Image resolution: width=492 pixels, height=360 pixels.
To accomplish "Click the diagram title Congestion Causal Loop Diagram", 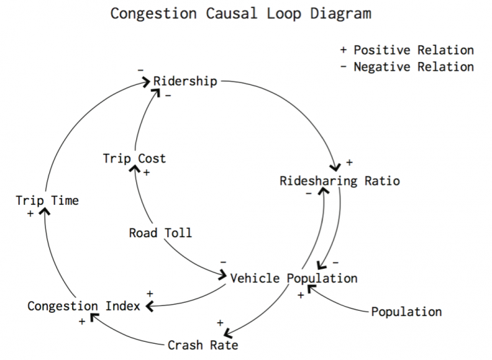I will (240, 13).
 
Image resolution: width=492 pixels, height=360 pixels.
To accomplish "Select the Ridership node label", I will (185, 82).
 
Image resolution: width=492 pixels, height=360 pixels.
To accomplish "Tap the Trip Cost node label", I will (134, 158).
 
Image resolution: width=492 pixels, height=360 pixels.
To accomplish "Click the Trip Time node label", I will (47, 200).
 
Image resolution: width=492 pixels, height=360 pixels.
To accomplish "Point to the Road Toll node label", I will (160, 233).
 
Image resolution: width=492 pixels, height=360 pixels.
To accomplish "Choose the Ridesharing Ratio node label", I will (340, 181).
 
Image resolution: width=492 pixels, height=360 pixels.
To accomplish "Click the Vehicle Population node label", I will (294, 278).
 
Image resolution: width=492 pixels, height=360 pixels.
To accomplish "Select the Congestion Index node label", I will (84, 306).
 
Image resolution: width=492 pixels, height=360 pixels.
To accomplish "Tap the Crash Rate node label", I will (203, 346).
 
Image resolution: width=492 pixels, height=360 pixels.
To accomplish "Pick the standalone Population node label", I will (406, 311).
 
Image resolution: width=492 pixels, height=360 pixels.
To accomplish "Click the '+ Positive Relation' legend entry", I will (407, 51).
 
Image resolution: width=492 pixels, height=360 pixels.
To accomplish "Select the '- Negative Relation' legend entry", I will (407, 67).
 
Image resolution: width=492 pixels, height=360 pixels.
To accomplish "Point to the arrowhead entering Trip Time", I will (44, 210).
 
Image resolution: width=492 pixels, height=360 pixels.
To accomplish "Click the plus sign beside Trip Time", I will (30, 214).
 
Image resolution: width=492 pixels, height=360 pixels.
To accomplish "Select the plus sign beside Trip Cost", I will (147, 173).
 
